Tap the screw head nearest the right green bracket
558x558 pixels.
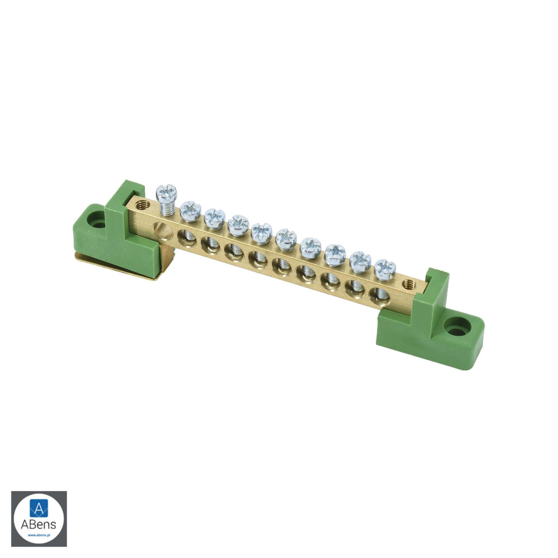point(385,269)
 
